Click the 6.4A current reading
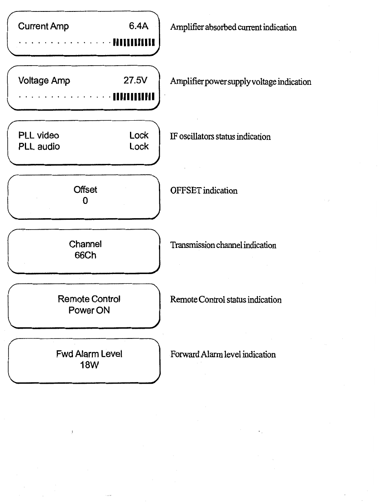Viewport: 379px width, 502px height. tap(139, 27)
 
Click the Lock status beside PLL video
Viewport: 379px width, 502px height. tap(139, 135)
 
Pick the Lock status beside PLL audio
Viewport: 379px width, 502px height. tap(139, 146)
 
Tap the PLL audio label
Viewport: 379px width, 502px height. tap(39, 146)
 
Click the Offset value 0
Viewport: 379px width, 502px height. tap(85, 201)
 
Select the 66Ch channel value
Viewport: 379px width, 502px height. tap(85, 256)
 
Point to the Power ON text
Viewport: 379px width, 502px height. tap(89, 310)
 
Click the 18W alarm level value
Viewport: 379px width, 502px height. tap(89, 365)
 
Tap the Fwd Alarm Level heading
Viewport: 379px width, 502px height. tap(89, 354)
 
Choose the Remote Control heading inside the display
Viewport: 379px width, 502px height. tap(89, 299)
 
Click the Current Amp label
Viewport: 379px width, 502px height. tap(44, 27)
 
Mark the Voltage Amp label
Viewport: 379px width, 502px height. tap(44, 81)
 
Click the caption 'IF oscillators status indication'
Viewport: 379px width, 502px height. tap(220, 137)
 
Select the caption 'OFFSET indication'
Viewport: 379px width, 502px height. tap(204, 191)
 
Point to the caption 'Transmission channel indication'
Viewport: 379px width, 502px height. tap(223, 245)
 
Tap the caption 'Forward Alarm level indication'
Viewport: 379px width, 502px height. tap(223, 354)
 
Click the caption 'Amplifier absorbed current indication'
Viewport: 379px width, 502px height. tap(233, 28)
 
